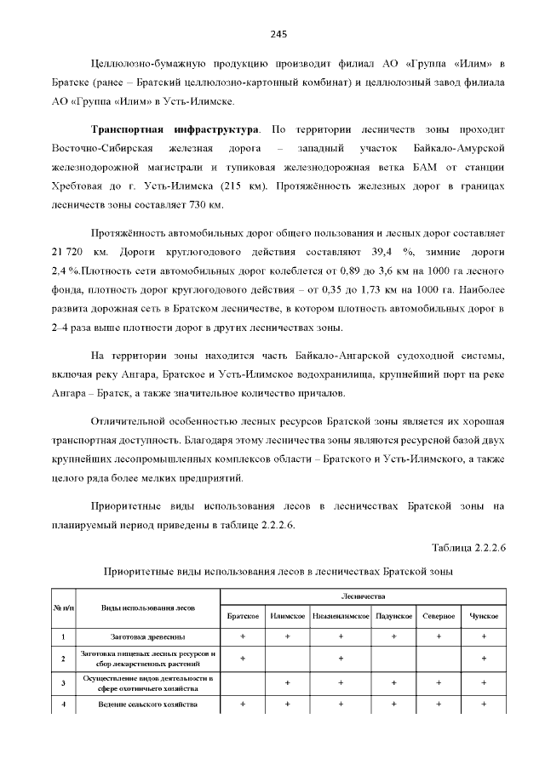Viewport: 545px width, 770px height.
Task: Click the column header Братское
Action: tap(243, 616)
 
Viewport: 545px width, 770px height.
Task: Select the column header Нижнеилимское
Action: tap(340, 616)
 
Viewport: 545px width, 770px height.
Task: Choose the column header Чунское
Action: tap(484, 616)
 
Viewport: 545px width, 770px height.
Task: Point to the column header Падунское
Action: tap(394, 616)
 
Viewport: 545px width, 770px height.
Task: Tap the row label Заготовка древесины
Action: tap(148, 636)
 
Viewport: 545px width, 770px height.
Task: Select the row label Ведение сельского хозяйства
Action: tap(148, 705)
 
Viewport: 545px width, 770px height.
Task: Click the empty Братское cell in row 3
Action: tap(243, 682)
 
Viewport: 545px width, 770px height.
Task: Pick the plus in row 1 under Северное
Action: tap(439, 636)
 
